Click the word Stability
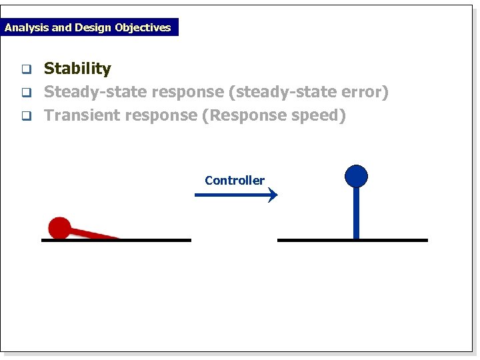tap(77, 69)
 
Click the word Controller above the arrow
tap(235, 180)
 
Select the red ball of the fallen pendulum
tap(59, 227)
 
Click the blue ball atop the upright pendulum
tap(356, 175)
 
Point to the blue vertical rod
tap(356, 212)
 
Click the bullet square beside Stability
tap(26, 69)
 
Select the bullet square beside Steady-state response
tap(26, 92)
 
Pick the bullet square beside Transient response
tap(26, 115)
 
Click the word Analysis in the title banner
tap(27, 27)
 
